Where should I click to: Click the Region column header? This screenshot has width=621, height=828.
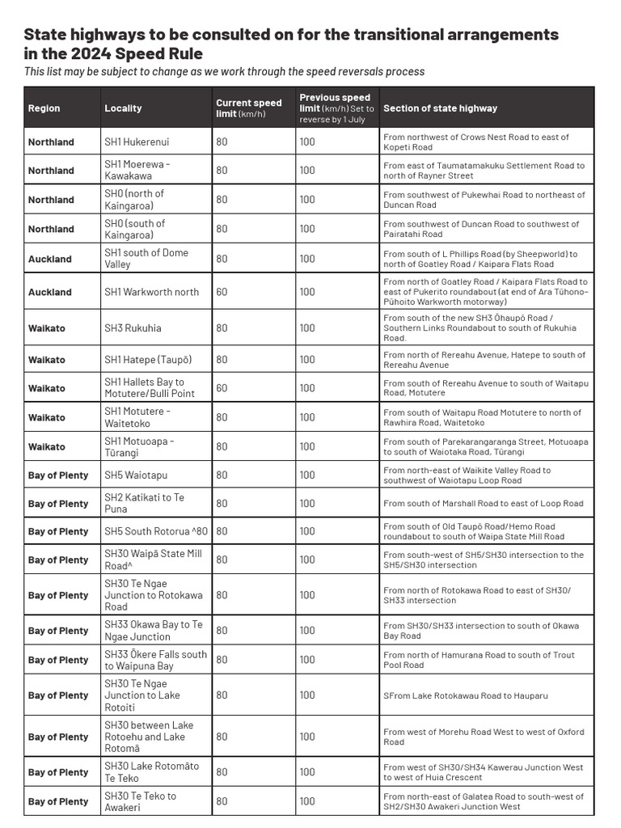coord(44,108)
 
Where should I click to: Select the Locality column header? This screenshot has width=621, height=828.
coord(123,108)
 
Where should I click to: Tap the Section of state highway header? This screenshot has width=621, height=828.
coord(440,108)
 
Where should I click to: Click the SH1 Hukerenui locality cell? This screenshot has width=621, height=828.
coord(137,142)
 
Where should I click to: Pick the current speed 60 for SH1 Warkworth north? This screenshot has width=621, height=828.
coord(222,292)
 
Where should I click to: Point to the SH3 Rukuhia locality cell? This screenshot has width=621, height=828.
coord(133,328)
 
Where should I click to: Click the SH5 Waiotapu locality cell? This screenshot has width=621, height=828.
coord(136,475)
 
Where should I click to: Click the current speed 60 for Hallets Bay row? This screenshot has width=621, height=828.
coord(222,388)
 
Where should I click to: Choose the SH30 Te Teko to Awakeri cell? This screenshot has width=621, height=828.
coord(140,801)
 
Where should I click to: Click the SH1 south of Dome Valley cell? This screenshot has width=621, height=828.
coord(146,259)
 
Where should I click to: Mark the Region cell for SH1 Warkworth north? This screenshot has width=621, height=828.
coord(50,292)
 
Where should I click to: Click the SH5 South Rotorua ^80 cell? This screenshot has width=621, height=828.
coord(156,531)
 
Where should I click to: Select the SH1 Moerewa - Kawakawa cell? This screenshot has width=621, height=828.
coord(137,171)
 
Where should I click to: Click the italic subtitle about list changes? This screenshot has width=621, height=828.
coord(224,72)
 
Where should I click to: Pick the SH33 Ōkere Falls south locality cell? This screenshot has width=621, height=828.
coord(155,660)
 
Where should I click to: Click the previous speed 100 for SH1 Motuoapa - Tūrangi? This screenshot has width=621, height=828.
coord(307,446)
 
